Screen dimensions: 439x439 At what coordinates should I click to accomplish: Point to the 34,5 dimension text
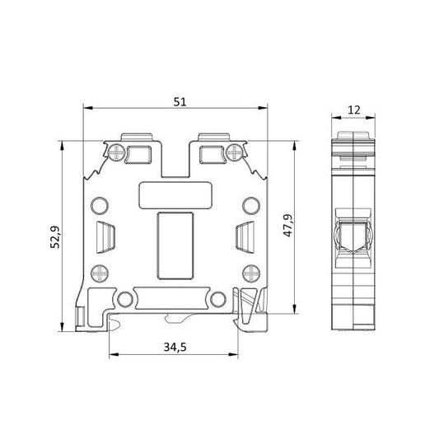pyautogui.click(x=174, y=347)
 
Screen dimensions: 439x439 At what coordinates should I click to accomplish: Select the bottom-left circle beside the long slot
pyautogui.click(x=125, y=298)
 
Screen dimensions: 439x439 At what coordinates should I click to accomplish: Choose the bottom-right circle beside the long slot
pyautogui.click(x=218, y=298)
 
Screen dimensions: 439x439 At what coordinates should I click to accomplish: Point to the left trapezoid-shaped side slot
pyautogui.click(x=104, y=236)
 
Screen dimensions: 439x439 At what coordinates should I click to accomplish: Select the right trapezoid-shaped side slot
pyautogui.click(x=245, y=236)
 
